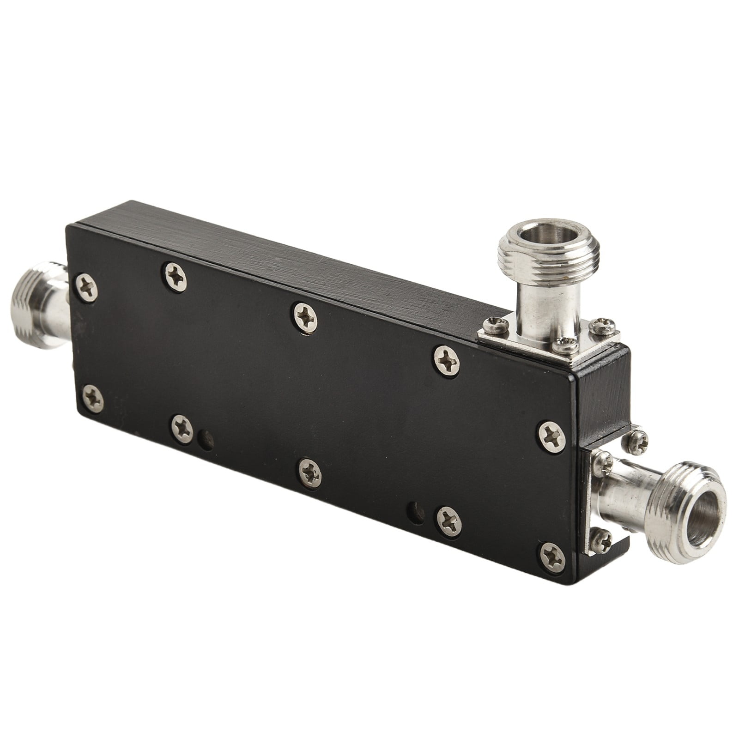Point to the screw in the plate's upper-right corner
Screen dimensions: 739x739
[x=552, y=434]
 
